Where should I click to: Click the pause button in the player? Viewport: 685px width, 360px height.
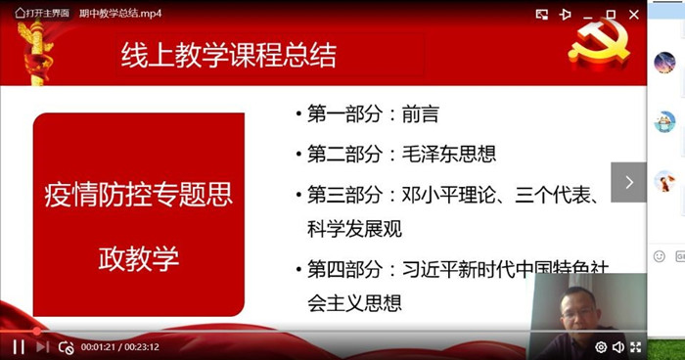pos(19,347)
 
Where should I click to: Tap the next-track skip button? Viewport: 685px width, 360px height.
pos(42,347)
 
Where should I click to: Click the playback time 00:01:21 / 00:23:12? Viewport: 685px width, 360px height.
pos(120,347)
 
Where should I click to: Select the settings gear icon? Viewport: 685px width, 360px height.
pos(601,347)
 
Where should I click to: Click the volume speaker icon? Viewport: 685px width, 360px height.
pos(618,347)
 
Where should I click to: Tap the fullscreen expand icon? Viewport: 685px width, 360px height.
pos(636,347)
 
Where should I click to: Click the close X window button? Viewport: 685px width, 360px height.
pos(634,15)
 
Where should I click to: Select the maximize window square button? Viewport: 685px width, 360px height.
pos(612,15)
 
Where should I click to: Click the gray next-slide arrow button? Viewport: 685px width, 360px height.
pos(628,182)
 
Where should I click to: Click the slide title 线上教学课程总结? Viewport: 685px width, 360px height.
pos(228,56)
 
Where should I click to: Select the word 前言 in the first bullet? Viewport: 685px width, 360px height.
pos(420,114)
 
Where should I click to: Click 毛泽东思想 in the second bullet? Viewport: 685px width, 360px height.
pos(449,154)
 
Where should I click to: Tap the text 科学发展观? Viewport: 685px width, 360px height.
pos(354,229)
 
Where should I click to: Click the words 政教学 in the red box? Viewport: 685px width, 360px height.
pos(139,258)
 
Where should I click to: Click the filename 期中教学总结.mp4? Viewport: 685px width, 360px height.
pos(120,14)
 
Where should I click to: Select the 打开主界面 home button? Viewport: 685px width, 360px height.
pos(42,13)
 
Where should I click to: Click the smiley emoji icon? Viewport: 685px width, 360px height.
pos(660,256)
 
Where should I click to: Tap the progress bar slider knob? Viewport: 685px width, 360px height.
pos(37,332)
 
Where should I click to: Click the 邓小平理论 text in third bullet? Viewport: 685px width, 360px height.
pos(448,195)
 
